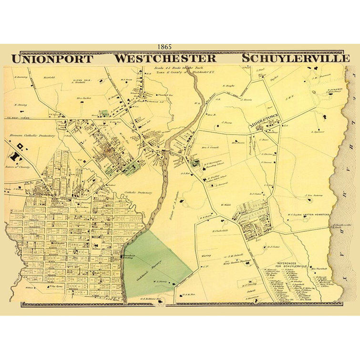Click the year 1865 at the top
pos(167,47)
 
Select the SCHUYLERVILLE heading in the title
pos(295,59)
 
